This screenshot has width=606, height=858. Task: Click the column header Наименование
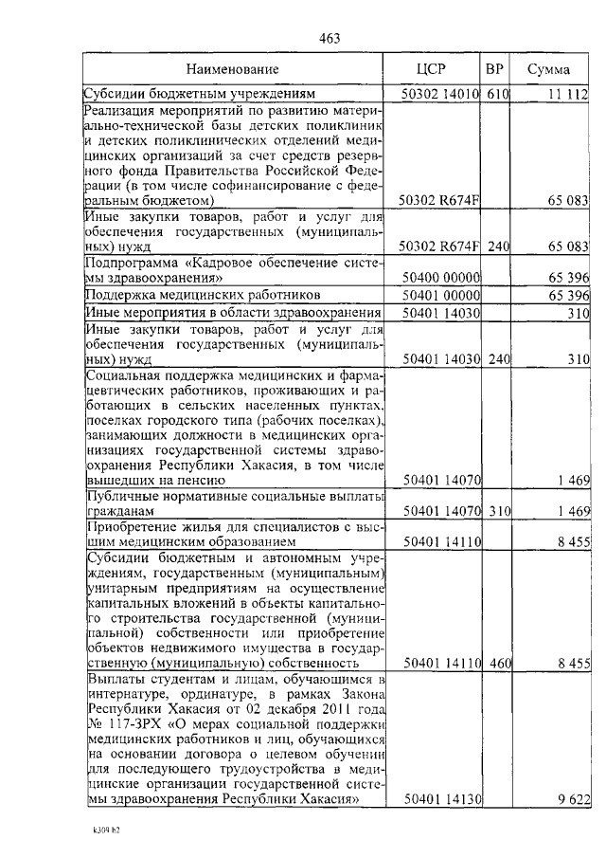232,70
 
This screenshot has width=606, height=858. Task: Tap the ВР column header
494,70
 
